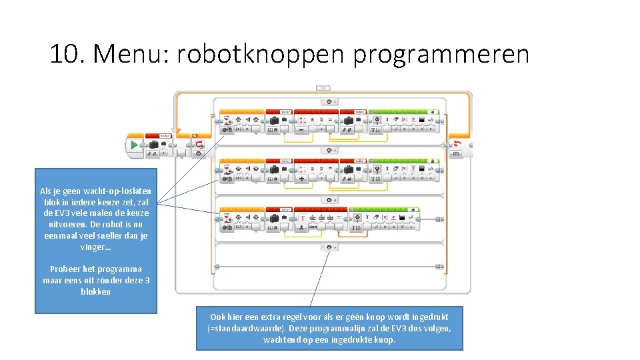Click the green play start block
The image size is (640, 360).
pyautogui.click(x=135, y=145)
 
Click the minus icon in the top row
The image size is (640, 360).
pyautogui.click(x=302, y=131)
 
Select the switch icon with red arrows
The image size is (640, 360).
pyautogui.click(x=199, y=144)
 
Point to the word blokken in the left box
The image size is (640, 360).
pyautogui.click(x=95, y=292)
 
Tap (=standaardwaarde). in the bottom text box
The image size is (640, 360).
pyautogui.click(x=245, y=329)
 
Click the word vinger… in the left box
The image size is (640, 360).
pyautogui.click(x=95, y=247)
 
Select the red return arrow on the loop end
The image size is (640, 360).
pyautogui.click(x=457, y=144)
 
